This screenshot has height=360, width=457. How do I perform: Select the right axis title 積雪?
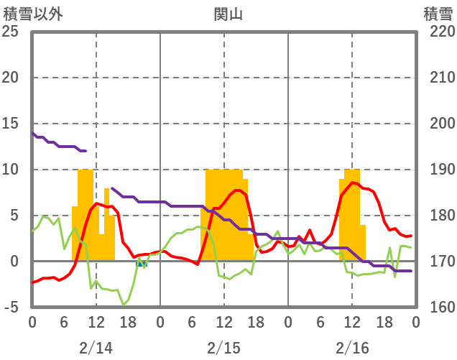click(x=438, y=14)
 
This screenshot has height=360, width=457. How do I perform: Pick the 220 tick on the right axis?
click(x=439, y=32)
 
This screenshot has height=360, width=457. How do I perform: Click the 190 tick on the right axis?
click(x=439, y=170)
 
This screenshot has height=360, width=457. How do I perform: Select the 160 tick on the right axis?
click(x=439, y=308)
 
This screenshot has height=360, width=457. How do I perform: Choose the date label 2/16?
click(x=352, y=348)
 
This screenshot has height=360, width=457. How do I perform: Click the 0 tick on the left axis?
click(x=13, y=262)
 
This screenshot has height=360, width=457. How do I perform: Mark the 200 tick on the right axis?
click(x=439, y=124)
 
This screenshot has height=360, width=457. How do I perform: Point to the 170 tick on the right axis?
click(x=439, y=262)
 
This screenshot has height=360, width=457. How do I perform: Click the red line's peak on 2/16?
click(x=352, y=183)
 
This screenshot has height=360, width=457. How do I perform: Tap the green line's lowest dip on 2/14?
click(x=124, y=305)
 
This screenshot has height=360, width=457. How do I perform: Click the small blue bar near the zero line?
click(x=142, y=264)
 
